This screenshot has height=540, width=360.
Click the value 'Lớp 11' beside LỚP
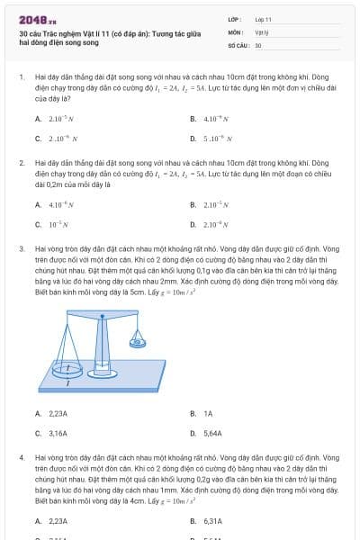pyautogui.click(x=263, y=18)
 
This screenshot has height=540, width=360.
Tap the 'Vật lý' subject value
pyautogui.click(x=260, y=31)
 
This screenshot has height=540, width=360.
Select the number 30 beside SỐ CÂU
pyautogui.click(x=258, y=44)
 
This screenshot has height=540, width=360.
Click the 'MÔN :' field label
pyautogui.click(x=235, y=31)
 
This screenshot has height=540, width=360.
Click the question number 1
pyautogui.click(x=21, y=77)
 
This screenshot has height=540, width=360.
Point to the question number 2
pyautogui.click(x=21, y=163)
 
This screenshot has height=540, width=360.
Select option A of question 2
pyautogui.click(x=55, y=204)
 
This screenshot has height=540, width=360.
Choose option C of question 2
pyautogui.click(x=54, y=224)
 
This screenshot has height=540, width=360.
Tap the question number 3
pyautogui.click(x=21, y=247)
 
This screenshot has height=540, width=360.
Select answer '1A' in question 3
pyautogui.click(x=208, y=413)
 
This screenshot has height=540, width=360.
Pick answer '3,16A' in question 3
pyautogui.click(x=57, y=433)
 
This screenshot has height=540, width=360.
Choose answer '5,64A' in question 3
pyautogui.click(x=212, y=433)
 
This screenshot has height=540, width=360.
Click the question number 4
pyautogui.click(x=21, y=458)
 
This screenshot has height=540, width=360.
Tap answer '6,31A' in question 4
pyautogui.click(x=212, y=520)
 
